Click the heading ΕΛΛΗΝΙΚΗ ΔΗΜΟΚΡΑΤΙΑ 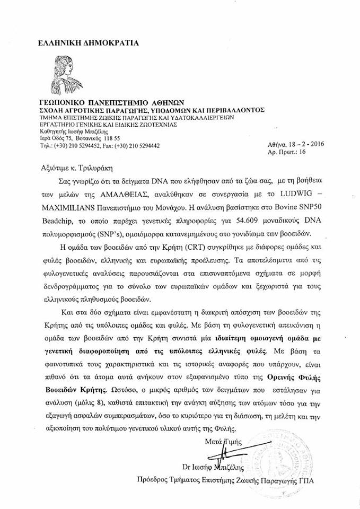click(x=87, y=41)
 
